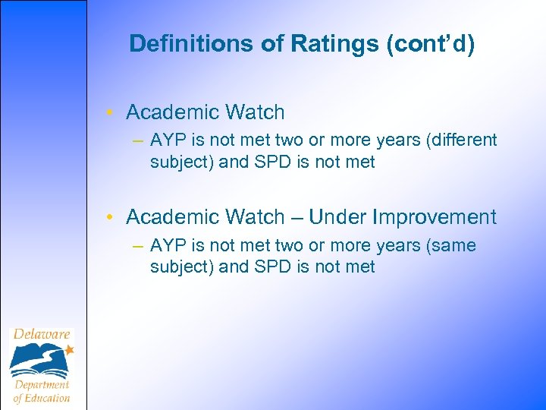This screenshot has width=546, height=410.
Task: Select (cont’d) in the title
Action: [x=431, y=44]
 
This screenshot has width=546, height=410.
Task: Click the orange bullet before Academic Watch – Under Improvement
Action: [x=111, y=218]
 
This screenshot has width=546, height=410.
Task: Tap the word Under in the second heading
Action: [x=336, y=217]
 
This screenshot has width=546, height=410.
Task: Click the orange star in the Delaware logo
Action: [x=69, y=350]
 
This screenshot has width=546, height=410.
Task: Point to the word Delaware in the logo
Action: [x=42, y=334]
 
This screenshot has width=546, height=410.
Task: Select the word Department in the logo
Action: [x=42, y=385]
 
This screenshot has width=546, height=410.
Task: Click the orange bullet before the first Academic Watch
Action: [x=111, y=112]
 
